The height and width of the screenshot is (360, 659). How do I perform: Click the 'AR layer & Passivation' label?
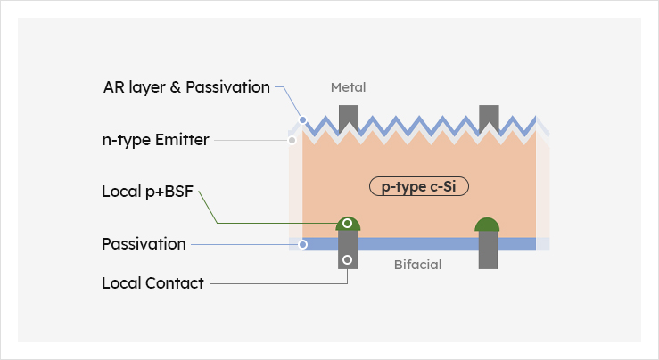click(x=186, y=87)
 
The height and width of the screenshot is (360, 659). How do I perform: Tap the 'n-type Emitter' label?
click(x=155, y=140)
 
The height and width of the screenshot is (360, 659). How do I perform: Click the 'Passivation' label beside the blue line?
click(x=144, y=244)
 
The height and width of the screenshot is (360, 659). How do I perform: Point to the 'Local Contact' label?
click(x=152, y=283)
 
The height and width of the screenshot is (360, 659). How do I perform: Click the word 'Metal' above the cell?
click(x=348, y=87)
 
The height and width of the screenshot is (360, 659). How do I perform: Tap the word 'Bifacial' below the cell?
click(x=418, y=265)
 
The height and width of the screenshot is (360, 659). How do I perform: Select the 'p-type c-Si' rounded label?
click(x=418, y=187)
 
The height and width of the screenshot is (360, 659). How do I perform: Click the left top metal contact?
click(x=348, y=116)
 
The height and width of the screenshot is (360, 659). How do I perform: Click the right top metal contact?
click(x=488, y=116)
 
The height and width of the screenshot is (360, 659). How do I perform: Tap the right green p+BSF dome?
click(x=487, y=225)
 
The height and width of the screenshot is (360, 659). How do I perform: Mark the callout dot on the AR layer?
click(x=303, y=119)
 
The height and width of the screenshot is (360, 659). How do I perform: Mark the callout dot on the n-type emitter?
click(x=292, y=140)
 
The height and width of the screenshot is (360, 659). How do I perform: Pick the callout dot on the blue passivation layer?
click(x=303, y=244)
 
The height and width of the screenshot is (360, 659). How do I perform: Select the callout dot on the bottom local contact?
click(x=348, y=261)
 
